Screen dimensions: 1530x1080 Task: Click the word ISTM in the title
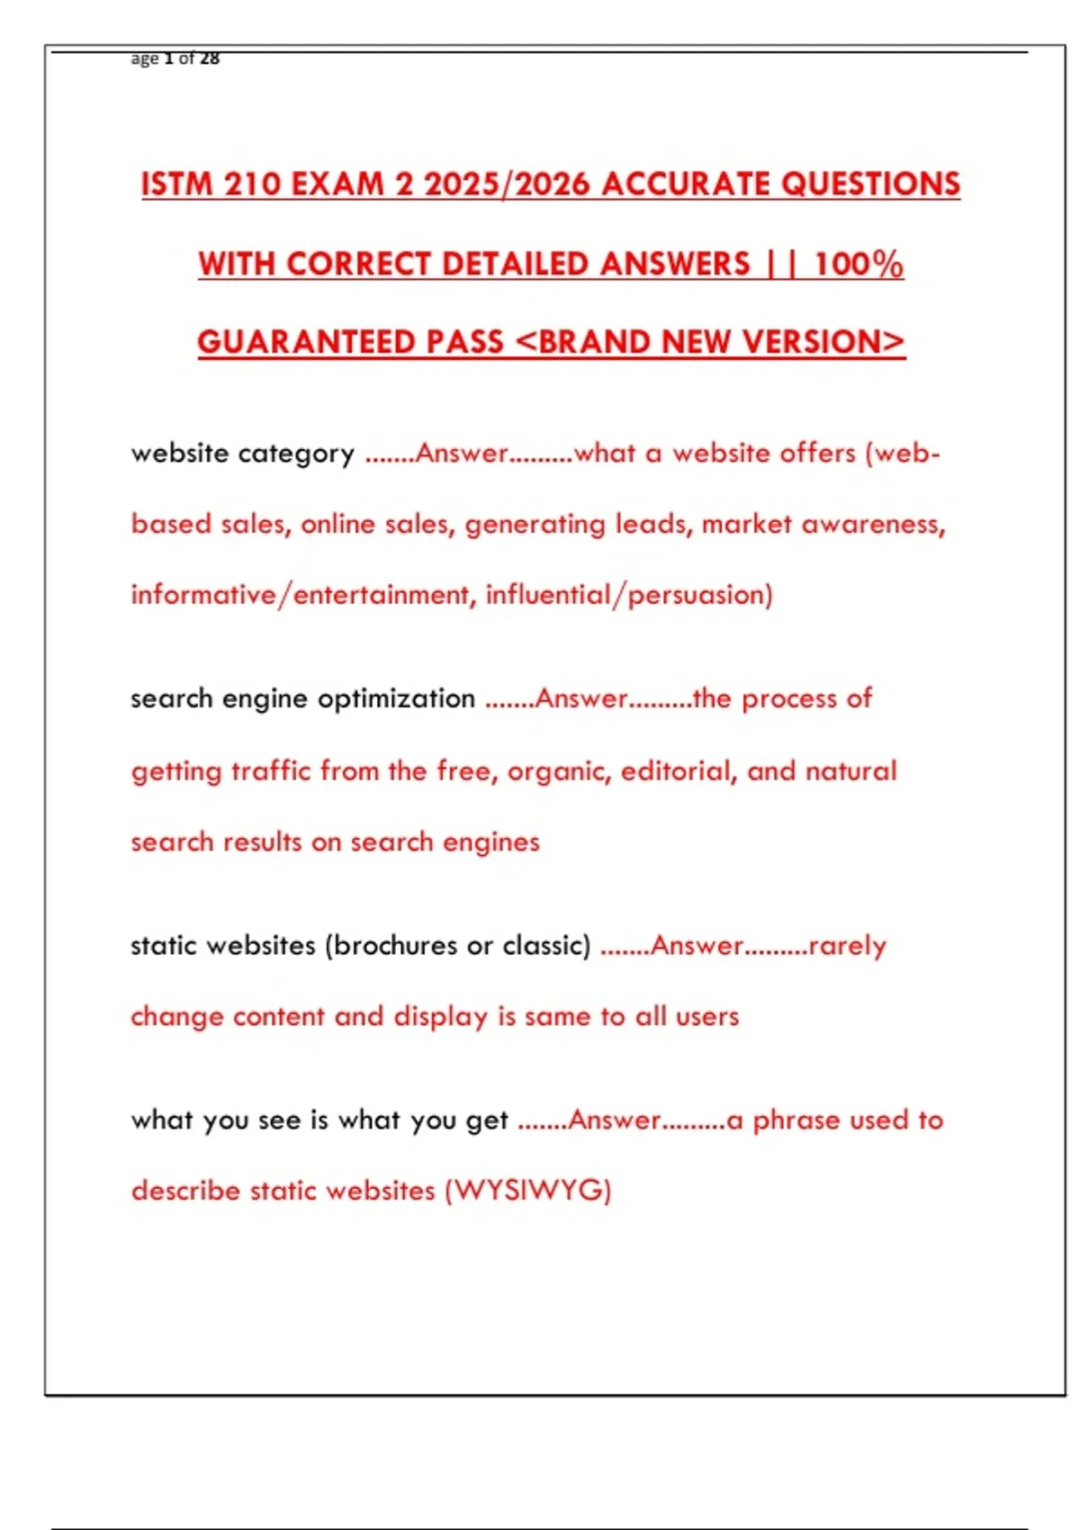coord(177,184)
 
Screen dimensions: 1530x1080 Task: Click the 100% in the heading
coord(859,264)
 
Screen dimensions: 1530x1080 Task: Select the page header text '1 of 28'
coord(192,58)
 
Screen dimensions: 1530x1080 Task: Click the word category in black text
coord(296,454)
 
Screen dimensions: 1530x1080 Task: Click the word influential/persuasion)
coord(629,595)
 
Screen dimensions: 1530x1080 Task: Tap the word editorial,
coord(678,771)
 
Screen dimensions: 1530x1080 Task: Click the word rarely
coord(848,946)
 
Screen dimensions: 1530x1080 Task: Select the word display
coord(440,1017)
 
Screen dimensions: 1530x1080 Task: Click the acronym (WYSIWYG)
coord(528,1191)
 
